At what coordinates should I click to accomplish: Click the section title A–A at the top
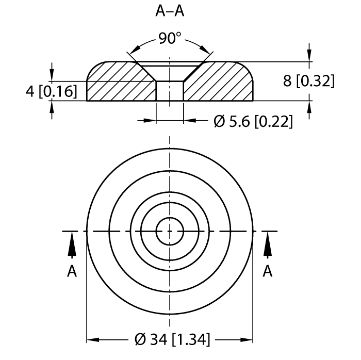pos(170,12)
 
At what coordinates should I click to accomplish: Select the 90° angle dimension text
pos(170,39)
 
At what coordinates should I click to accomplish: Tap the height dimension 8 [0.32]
pos(309,81)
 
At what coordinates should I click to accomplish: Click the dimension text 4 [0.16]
pos(51,91)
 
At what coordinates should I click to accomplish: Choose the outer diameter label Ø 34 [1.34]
pos(170,340)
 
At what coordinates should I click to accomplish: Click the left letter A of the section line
pos(72,271)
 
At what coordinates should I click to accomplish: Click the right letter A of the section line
pos(268,271)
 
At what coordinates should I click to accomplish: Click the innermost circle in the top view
pos(170,231)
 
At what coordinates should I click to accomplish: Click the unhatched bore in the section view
pos(170,91)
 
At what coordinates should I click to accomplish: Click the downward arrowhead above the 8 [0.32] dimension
pos(309,56)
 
